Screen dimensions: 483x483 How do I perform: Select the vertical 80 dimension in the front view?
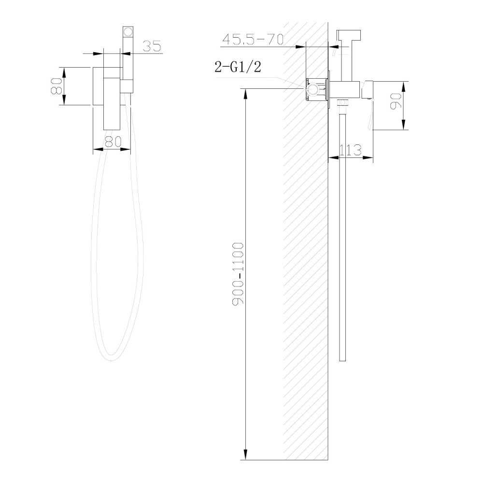(57, 86)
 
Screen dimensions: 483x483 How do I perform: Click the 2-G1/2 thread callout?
(238, 67)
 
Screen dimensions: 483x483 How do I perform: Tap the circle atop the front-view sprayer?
(128, 33)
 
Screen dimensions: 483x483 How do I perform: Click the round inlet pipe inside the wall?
(313, 89)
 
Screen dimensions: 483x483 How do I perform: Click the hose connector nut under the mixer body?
(343, 102)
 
